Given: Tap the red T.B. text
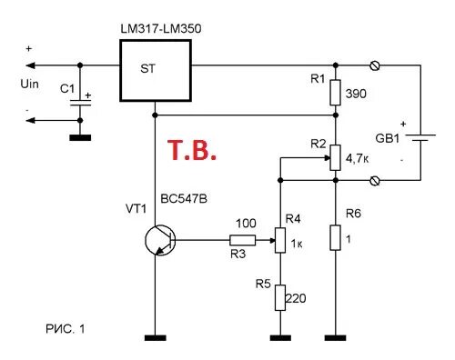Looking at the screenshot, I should click(x=191, y=150).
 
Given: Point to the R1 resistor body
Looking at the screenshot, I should click(x=336, y=92).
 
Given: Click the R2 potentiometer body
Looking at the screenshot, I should click(x=336, y=157).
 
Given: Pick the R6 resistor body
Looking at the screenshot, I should click(x=336, y=239).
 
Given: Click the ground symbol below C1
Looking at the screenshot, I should click(x=81, y=138).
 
